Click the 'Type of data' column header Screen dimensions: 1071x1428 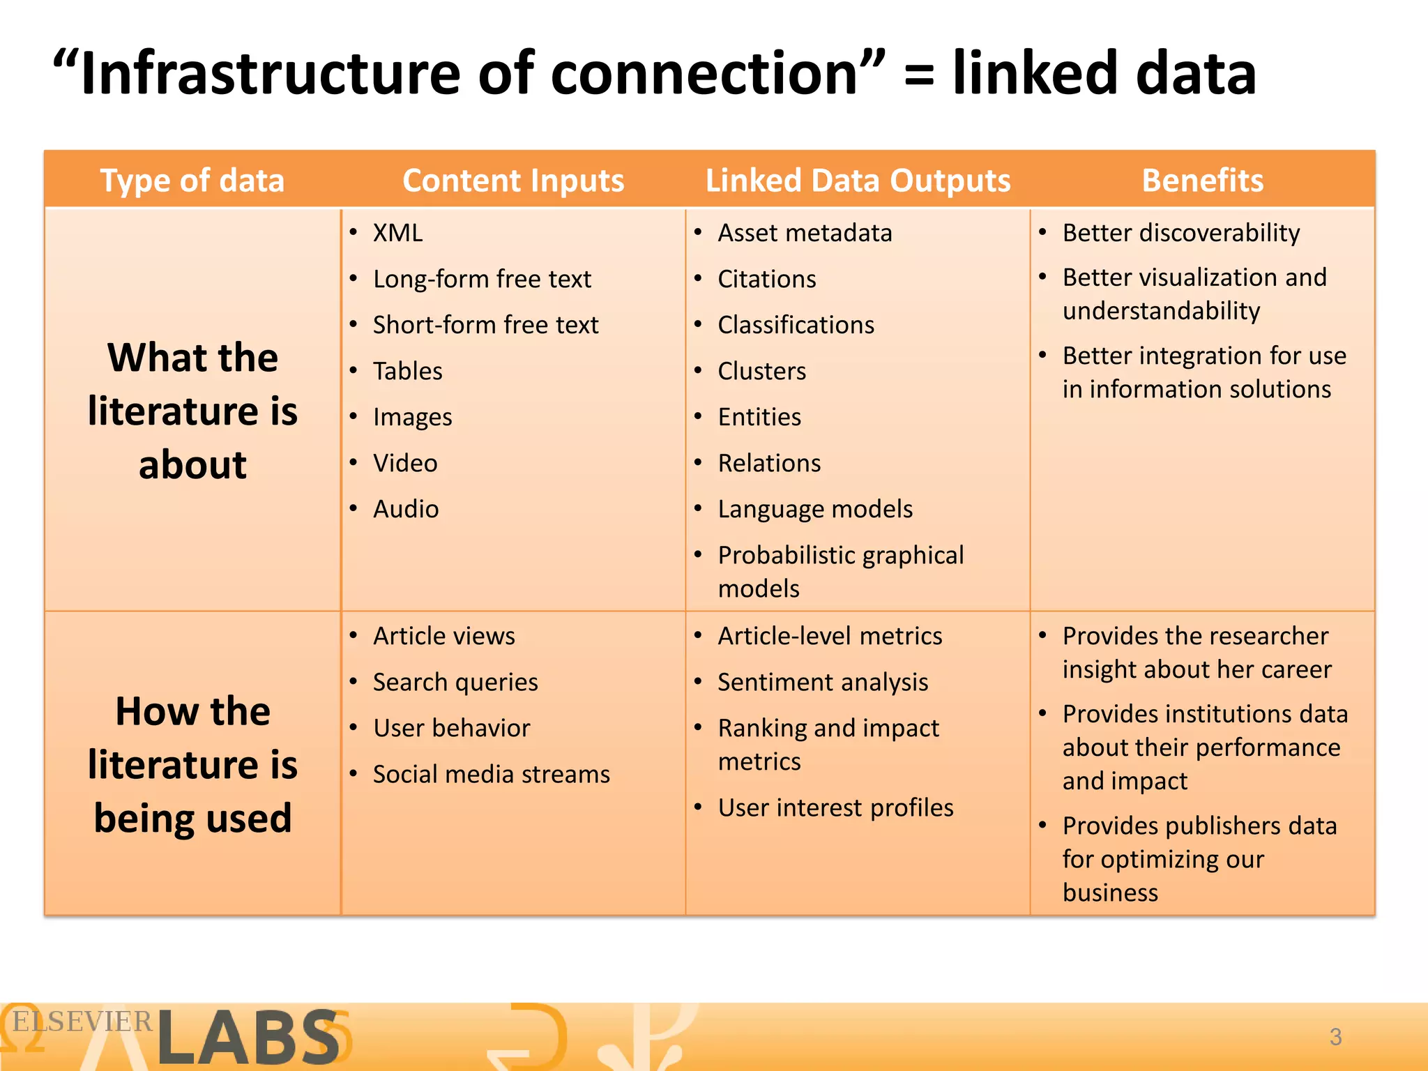(192, 181)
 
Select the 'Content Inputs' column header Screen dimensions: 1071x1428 (513, 181)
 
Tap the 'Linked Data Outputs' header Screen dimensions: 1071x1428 (858, 181)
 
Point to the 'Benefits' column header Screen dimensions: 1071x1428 (1202, 181)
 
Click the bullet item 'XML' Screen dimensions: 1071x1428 (397, 233)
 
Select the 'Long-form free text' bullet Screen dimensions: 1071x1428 (482, 279)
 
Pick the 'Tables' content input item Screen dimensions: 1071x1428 (407, 371)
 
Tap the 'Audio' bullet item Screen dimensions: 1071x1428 (406, 509)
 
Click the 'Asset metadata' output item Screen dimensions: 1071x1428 (805, 233)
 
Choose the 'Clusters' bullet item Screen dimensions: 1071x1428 (761, 371)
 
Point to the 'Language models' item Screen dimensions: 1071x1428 (814, 509)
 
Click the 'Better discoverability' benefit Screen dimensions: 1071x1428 (1180, 233)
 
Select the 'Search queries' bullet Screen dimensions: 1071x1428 (455, 682)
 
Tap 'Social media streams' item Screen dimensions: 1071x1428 (491, 774)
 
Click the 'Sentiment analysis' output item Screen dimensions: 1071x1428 (823, 682)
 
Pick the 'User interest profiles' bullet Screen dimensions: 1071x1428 (835, 807)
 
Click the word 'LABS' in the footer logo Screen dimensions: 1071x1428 (248, 1038)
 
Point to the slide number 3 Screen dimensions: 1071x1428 (1335, 1037)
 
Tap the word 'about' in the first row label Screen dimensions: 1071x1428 (192, 464)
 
